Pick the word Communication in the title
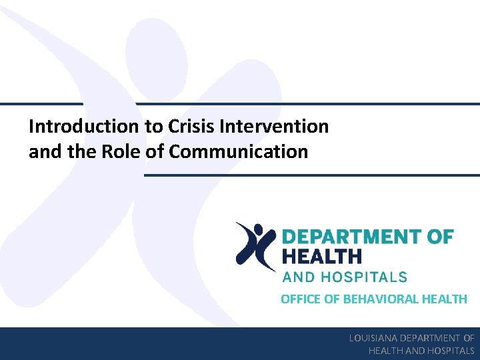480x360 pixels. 239,152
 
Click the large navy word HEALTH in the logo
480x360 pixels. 322,256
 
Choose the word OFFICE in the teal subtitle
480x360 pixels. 301,299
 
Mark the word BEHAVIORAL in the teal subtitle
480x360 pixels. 382,299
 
